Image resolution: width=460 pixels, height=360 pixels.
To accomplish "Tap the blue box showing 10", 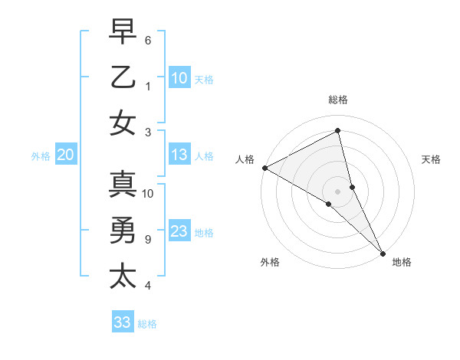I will coord(179,78).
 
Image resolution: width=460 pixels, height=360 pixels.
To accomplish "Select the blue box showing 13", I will coord(179,155).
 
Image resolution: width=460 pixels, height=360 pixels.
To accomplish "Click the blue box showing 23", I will coord(179,231).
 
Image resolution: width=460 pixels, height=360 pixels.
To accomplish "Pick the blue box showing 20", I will coord(65,155).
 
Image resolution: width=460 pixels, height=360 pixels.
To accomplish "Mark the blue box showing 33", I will coord(122,322).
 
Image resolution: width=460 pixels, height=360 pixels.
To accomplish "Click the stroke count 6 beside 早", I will coord(148,40).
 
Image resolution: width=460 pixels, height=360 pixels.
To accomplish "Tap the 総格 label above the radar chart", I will coord(338,100).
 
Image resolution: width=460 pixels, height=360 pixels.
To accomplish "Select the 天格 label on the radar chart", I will coord(431,159).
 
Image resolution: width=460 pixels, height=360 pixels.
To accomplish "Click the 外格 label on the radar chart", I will coord(269,262).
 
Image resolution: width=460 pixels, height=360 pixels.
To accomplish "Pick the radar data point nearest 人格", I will coord(264,168).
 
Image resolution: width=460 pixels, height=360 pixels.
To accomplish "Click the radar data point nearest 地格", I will coord(382,252).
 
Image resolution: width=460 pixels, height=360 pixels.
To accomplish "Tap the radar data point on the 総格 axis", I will coord(338,131).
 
